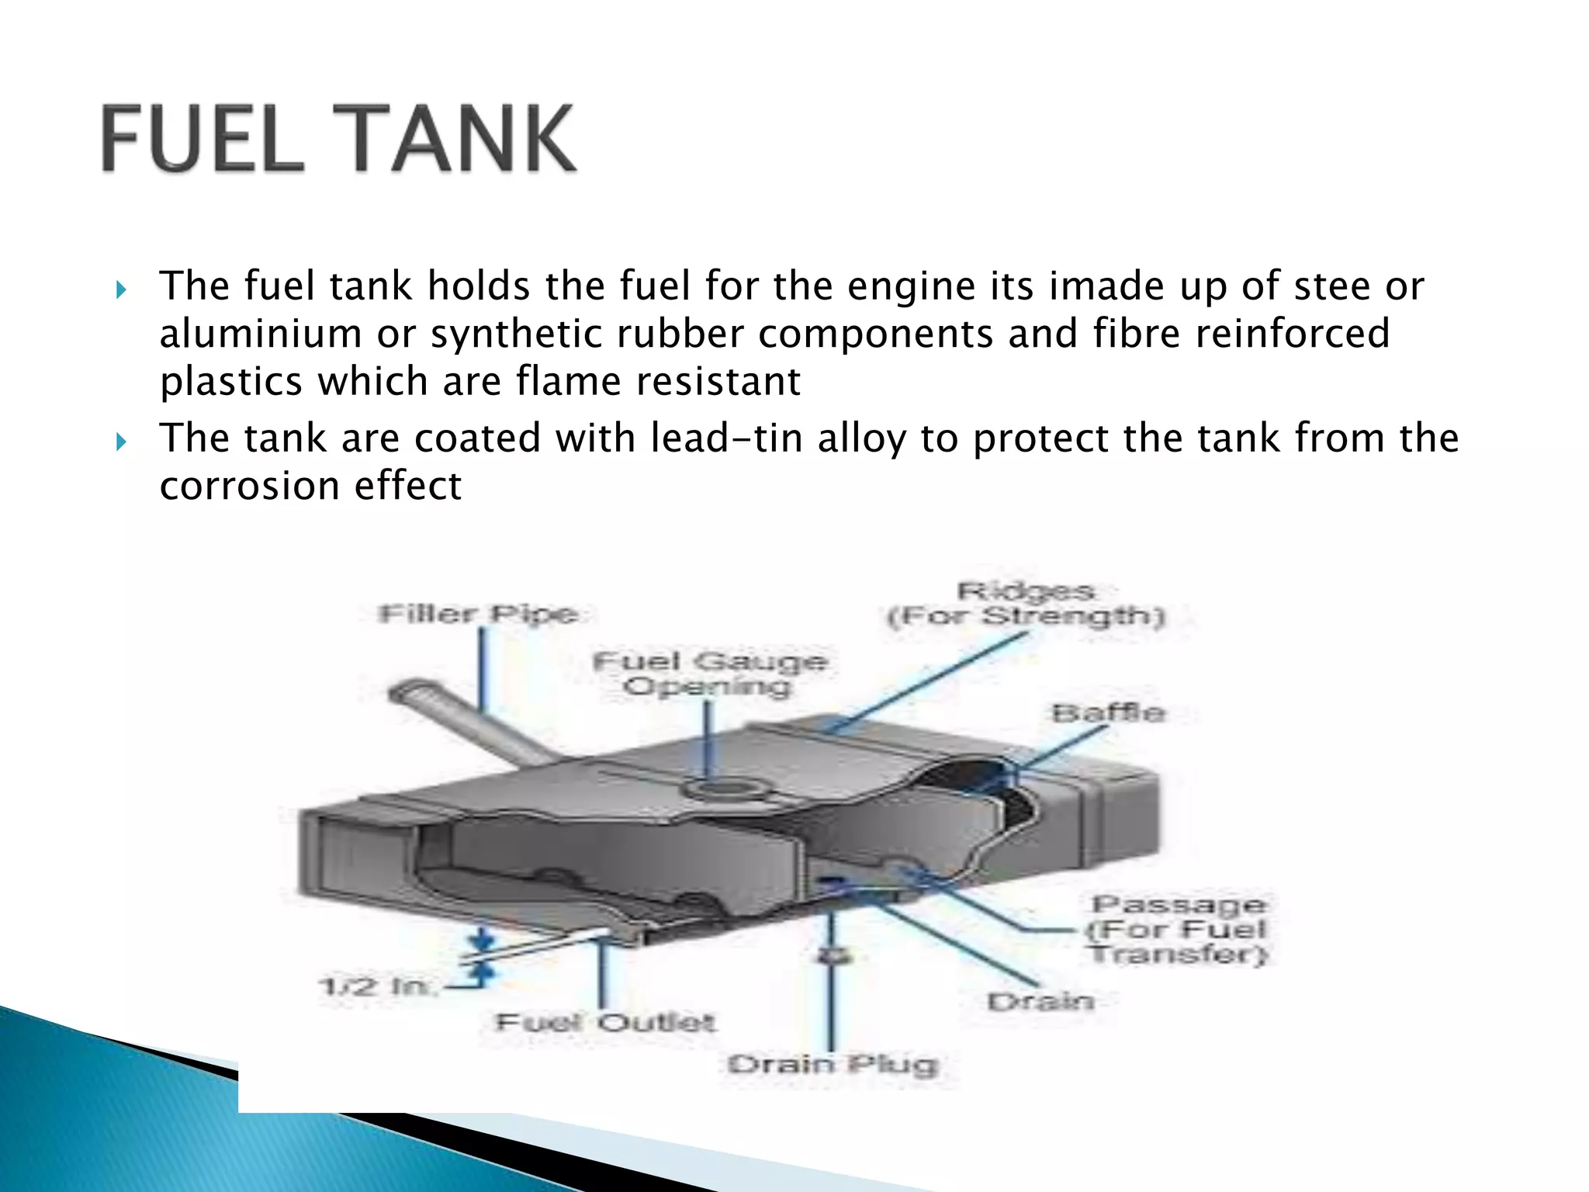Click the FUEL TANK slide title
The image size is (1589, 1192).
339,140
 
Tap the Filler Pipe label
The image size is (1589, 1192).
479,614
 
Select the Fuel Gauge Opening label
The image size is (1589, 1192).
709,674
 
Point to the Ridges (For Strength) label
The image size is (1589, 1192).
1026,604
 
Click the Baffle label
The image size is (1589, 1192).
1108,712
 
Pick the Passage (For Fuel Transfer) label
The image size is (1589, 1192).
1178,929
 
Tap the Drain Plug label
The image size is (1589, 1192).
833,1064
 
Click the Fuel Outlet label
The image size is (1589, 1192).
604,1022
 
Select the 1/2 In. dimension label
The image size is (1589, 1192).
377,986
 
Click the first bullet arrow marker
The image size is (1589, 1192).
121,290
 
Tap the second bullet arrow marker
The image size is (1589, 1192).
121,442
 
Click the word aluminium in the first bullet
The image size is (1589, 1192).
261,334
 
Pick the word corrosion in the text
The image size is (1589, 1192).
250,487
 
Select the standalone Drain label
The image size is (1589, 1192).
1040,1002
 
